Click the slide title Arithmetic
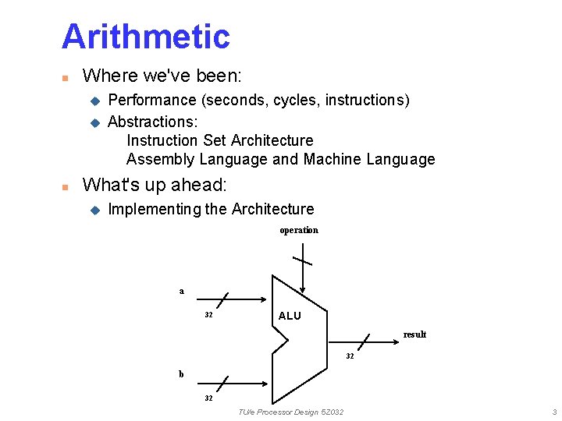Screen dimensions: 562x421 [x=145, y=37]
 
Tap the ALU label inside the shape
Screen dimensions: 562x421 [x=290, y=316]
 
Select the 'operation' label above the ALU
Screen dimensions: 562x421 [x=299, y=230]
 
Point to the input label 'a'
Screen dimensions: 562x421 [x=182, y=291]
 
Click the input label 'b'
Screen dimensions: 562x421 [x=181, y=374]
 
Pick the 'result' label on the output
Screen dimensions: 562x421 [x=414, y=334]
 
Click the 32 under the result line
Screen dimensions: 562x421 [x=350, y=356]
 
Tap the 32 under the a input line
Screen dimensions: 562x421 [x=208, y=316]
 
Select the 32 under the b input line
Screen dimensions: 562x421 [x=208, y=398]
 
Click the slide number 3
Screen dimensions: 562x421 [x=554, y=412]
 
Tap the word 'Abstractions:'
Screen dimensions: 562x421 [x=152, y=122]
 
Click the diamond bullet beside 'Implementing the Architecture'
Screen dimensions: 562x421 [x=94, y=210]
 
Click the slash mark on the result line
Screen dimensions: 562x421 [x=364, y=341]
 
